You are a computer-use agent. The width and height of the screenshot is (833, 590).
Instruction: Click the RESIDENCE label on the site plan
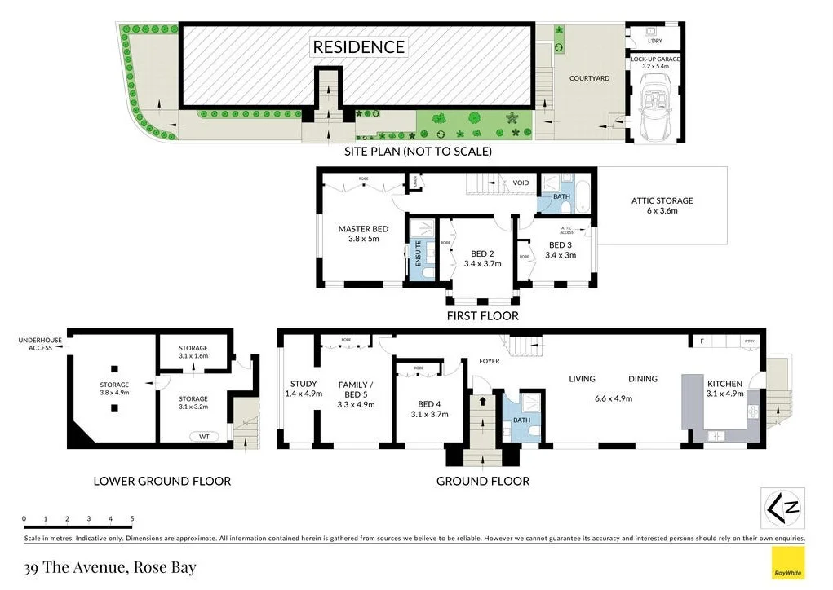[359, 46]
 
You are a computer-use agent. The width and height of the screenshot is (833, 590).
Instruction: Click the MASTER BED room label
[363, 229]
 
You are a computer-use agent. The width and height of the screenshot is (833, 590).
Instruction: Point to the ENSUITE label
[419, 253]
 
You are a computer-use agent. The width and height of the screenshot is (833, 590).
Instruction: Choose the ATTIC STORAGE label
[662, 200]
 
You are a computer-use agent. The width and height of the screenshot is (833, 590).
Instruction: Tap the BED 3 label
[560, 244]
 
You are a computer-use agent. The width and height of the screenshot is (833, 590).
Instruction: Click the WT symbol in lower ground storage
[205, 436]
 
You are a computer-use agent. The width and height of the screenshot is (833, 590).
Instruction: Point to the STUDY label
[304, 384]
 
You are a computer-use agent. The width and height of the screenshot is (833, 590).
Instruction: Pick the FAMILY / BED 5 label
[355, 384]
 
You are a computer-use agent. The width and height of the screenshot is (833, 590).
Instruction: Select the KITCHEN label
[724, 383]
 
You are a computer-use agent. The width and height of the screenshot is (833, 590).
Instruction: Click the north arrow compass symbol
[782, 509]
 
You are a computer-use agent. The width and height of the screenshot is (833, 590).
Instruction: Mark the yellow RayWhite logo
[787, 564]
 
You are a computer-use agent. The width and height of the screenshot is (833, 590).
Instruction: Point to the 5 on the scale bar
[131, 518]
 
